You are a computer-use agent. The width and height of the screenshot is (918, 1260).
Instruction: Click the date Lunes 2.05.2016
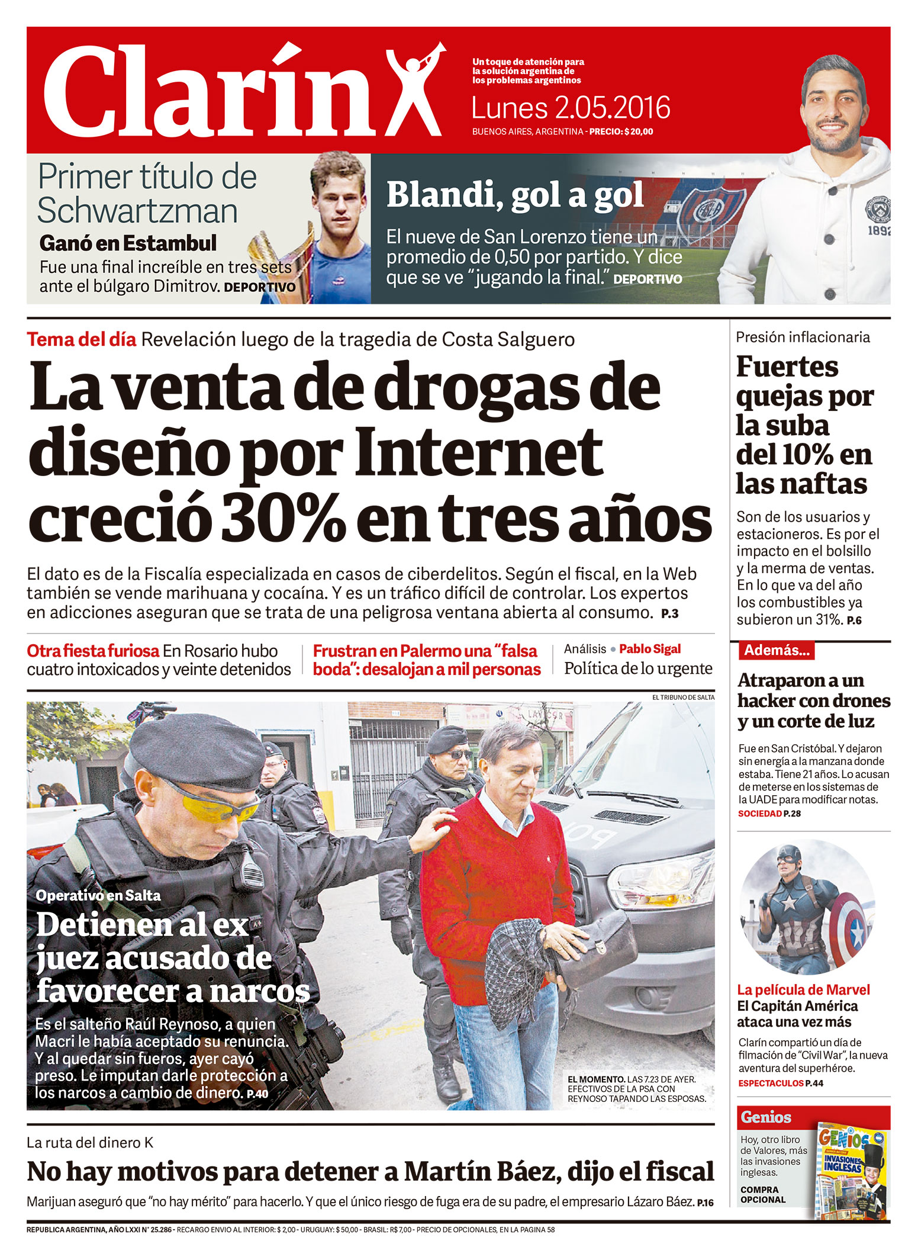pos(571,108)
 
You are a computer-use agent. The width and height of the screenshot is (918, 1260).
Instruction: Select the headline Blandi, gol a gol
pos(515,195)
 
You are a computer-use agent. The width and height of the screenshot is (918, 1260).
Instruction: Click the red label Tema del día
pos(82,340)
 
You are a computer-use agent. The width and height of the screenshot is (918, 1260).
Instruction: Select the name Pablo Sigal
pos(650,649)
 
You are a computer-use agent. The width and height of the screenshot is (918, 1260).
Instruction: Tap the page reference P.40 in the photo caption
pos(257,1094)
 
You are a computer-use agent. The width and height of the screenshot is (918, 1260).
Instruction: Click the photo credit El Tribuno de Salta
pos(683,697)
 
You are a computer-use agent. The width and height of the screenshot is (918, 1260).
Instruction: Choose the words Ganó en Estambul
pos(128,243)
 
